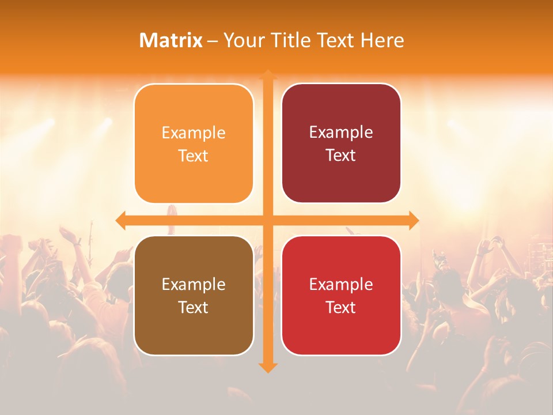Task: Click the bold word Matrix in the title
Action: point(171,40)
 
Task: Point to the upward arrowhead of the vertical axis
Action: point(267,75)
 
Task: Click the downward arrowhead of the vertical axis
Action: point(267,367)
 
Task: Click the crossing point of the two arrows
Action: point(267,220)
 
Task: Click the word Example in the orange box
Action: point(194,133)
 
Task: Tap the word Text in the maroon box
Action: point(341,155)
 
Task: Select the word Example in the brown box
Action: point(194,285)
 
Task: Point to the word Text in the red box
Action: point(341,307)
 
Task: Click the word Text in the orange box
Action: point(194,156)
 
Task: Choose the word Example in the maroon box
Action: point(341,133)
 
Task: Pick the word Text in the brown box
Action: point(194,307)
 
